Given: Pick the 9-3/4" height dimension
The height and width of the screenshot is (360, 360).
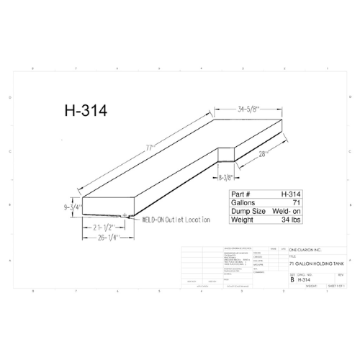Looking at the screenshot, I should (72, 207).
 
